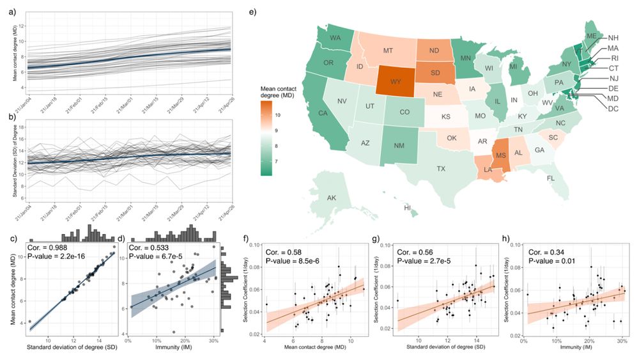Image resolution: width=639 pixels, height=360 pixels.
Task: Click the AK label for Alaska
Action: click(x=332, y=198)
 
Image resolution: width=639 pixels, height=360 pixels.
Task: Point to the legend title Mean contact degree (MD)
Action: click(x=275, y=91)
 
